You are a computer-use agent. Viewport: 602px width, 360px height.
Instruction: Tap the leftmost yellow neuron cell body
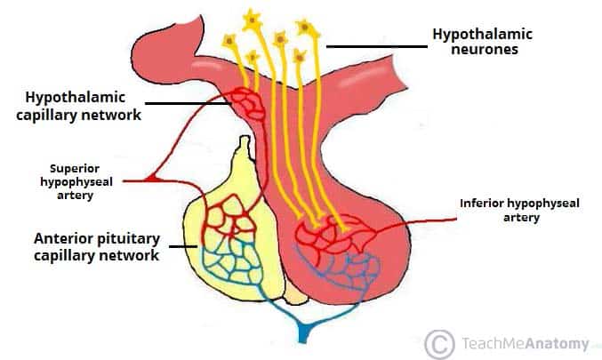click(229, 40)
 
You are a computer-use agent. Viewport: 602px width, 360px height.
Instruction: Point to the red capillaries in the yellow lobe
click(228, 219)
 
